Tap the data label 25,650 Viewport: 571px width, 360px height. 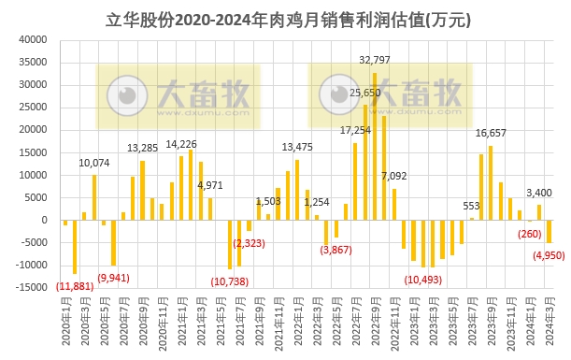[x=365, y=93]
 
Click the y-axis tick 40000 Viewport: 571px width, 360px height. [x=33, y=40]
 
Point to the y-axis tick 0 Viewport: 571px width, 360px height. [x=43, y=221]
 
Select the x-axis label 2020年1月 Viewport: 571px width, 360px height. [x=65, y=323]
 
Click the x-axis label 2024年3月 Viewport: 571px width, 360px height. [x=550, y=323]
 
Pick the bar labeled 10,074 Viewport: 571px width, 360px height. [x=94, y=197]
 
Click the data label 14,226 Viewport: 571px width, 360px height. [x=181, y=144]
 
